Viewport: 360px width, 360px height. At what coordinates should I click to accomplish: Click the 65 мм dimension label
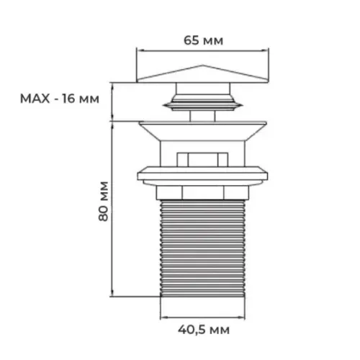(203, 40)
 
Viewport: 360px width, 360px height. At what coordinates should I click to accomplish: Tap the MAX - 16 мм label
(60, 99)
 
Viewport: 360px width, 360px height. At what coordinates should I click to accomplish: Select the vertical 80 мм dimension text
(104, 202)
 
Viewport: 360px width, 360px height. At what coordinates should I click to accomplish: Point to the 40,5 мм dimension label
(204, 330)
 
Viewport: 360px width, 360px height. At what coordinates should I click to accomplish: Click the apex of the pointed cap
(203, 65)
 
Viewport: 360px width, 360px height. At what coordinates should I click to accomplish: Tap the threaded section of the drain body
(202, 248)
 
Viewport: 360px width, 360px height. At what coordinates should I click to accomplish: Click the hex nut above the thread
(202, 193)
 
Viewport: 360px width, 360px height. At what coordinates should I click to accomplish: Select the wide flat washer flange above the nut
(202, 176)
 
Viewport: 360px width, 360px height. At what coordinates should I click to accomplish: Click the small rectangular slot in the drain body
(202, 159)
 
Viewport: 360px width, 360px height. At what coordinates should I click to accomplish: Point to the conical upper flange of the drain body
(202, 131)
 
